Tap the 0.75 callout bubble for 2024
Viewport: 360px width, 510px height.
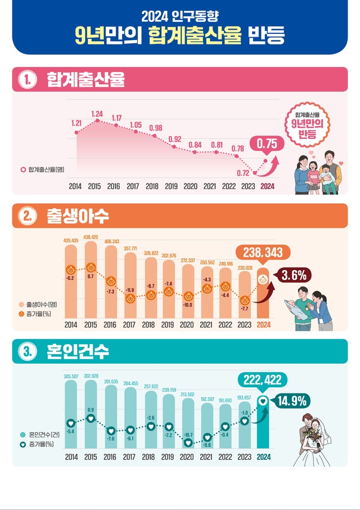[267, 145]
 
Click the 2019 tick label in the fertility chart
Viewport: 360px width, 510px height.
[170, 186]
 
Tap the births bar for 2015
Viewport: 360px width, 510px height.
[91, 281]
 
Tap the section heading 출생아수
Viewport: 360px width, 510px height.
[71, 216]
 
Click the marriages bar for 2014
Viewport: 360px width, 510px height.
[71, 414]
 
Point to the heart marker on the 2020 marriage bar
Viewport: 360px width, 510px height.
[188, 442]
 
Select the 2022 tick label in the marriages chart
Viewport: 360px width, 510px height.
[226, 457]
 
